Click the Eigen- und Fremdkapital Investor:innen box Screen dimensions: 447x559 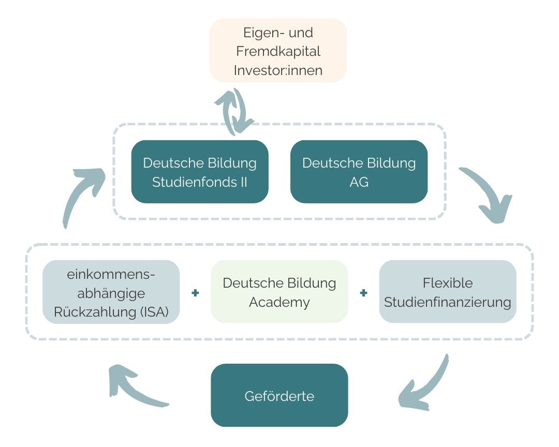click(278, 51)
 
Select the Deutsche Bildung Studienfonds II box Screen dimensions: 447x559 click(200, 172)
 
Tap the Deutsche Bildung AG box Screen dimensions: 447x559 click(359, 172)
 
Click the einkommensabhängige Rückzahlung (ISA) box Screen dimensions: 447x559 click(111, 292)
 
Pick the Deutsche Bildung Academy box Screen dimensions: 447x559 click(279, 292)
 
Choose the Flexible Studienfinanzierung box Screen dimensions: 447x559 click(448, 292)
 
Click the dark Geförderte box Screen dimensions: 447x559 click(279, 396)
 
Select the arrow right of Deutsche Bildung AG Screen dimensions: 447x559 click(487, 194)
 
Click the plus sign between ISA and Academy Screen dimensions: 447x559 click(195, 293)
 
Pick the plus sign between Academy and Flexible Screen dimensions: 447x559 click(364, 293)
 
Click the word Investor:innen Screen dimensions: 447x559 click(278, 70)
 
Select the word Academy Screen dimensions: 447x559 click(279, 302)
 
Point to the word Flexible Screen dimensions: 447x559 click(448, 283)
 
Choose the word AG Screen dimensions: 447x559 click(359, 182)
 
